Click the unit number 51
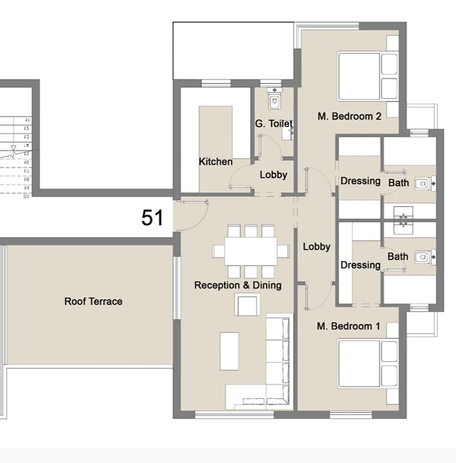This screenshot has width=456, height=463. pyautogui.click(x=153, y=218)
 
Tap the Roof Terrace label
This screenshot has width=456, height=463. pyautogui.click(x=93, y=301)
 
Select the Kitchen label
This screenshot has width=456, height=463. pyautogui.click(x=216, y=162)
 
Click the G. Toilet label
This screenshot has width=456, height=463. pyautogui.click(x=273, y=124)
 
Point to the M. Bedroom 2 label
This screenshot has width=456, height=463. pyautogui.click(x=349, y=117)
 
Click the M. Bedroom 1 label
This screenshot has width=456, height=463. pyautogui.click(x=348, y=326)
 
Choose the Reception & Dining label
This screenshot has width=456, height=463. pyautogui.click(x=238, y=285)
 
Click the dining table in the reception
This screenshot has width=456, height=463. pyautogui.click(x=251, y=251)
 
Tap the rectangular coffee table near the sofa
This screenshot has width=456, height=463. pyautogui.click(x=229, y=351)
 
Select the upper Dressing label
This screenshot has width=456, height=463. pyautogui.click(x=360, y=181)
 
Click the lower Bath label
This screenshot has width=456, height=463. pyautogui.click(x=398, y=256)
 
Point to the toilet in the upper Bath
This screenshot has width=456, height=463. pyautogui.click(x=423, y=182)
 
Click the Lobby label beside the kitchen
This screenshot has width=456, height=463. pyautogui.click(x=273, y=175)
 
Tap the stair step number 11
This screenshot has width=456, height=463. pyautogui.click(x=27, y=120)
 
